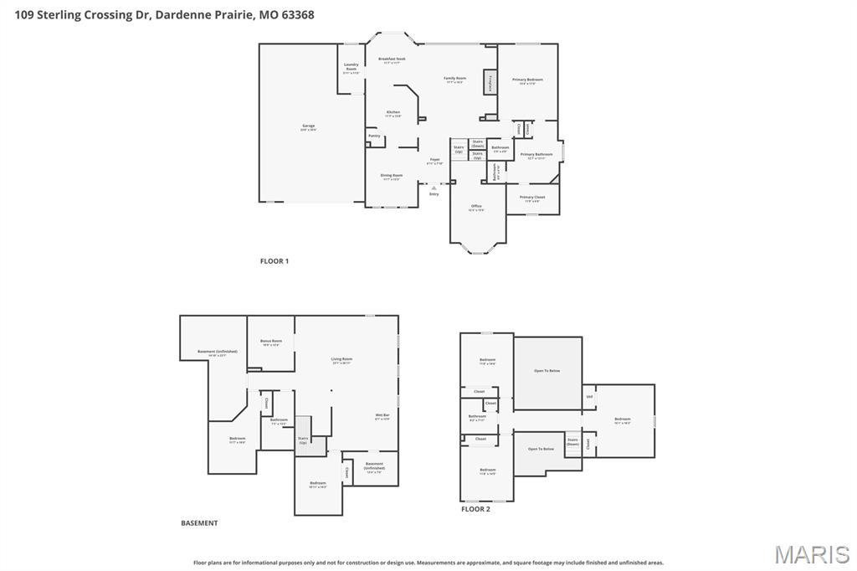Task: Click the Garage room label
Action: tap(309, 127)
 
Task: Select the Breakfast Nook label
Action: tap(392, 60)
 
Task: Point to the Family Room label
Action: tap(455, 80)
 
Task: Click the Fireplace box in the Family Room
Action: tap(490, 83)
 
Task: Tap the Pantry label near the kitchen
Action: tap(374, 136)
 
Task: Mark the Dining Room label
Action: tap(392, 177)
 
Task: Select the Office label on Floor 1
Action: tap(476, 208)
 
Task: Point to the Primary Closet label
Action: tap(532, 198)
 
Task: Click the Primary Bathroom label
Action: tap(536, 155)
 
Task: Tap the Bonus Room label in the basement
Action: tap(271, 342)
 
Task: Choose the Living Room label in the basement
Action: tap(341, 360)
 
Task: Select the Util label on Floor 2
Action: tap(589, 397)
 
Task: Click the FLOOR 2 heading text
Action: tap(475, 509)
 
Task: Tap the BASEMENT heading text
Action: tap(199, 523)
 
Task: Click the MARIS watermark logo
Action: tap(812, 553)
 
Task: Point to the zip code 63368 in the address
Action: tap(296, 14)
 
